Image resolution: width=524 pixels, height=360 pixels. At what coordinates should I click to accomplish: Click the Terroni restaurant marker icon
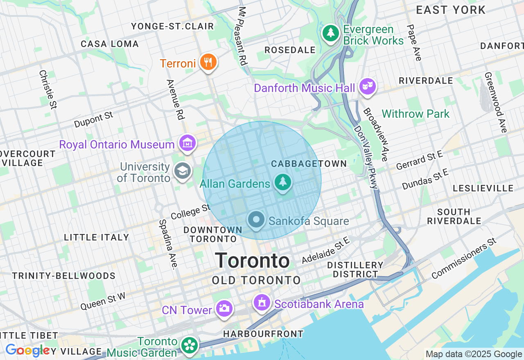(208, 63)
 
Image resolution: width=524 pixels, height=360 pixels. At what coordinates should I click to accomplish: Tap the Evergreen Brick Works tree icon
(331, 33)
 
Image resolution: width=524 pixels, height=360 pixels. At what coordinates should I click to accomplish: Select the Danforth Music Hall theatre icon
(367, 86)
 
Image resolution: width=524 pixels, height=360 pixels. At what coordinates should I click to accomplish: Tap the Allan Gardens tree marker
(282, 182)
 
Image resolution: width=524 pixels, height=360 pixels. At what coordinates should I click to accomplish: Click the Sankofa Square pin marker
(256, 220)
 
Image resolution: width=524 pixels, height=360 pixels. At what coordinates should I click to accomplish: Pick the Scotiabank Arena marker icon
(262, 303)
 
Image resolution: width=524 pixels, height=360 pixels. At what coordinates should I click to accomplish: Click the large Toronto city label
(252, 261)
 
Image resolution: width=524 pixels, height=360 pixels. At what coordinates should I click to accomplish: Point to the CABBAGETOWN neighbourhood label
(309, 164)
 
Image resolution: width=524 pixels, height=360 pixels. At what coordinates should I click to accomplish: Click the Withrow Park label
(416, 114)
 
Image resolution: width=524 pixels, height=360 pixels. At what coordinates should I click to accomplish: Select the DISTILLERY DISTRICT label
(355, 270)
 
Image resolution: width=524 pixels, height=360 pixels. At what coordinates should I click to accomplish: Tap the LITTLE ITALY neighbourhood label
(97, 237)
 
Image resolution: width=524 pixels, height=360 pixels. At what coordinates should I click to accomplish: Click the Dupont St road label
(94, 119)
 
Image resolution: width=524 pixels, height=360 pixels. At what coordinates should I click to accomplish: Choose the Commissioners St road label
(463, 259)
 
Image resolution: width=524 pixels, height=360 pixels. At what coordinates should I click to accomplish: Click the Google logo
(27, 351)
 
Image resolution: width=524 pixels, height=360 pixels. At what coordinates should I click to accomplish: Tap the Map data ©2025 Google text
(473, 354)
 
